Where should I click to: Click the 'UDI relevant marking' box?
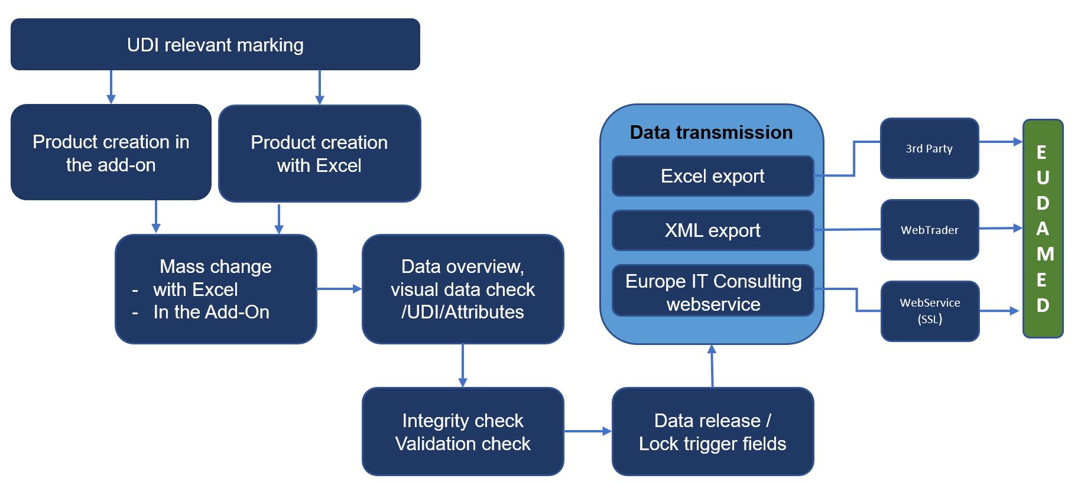point(215,44)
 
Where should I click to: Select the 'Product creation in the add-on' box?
point(111,152)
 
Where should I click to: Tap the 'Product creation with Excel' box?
point(319,154)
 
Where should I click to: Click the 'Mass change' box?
point(216,289)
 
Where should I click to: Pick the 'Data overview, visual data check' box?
point(463,289)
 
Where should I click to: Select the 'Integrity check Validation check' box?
point(463,431)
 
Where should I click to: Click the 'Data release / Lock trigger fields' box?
point(713,431)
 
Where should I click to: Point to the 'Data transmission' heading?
point(711,132)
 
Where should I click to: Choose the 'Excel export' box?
point(713,176)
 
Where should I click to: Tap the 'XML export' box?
point(713,230)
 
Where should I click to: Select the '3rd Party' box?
point(929,148)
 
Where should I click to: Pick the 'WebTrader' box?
point(930,230)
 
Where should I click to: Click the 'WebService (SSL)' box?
point(930,311)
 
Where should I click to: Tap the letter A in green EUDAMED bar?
point(1043,229)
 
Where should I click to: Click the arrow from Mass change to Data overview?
point(339,289)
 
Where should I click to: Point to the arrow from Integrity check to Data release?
point(587,431)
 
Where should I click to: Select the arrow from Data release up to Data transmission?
point(712,366)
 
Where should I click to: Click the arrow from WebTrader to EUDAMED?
point(1001,228)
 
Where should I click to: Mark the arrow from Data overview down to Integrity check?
point(463,366)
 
